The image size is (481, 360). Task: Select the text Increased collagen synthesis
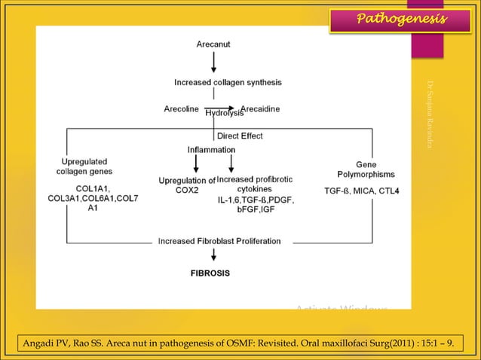coord(228,81)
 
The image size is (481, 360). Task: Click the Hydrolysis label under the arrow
coord(225,114)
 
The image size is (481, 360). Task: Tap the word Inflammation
coord(211,150)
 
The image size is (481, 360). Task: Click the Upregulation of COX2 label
coord(187,185)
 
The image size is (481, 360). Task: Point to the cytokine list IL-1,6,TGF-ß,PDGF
coord(256,206)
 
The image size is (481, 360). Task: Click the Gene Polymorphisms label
coord(366,169)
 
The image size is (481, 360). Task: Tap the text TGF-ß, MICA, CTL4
coord(362,191)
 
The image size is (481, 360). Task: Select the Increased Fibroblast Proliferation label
coord(219,242)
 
